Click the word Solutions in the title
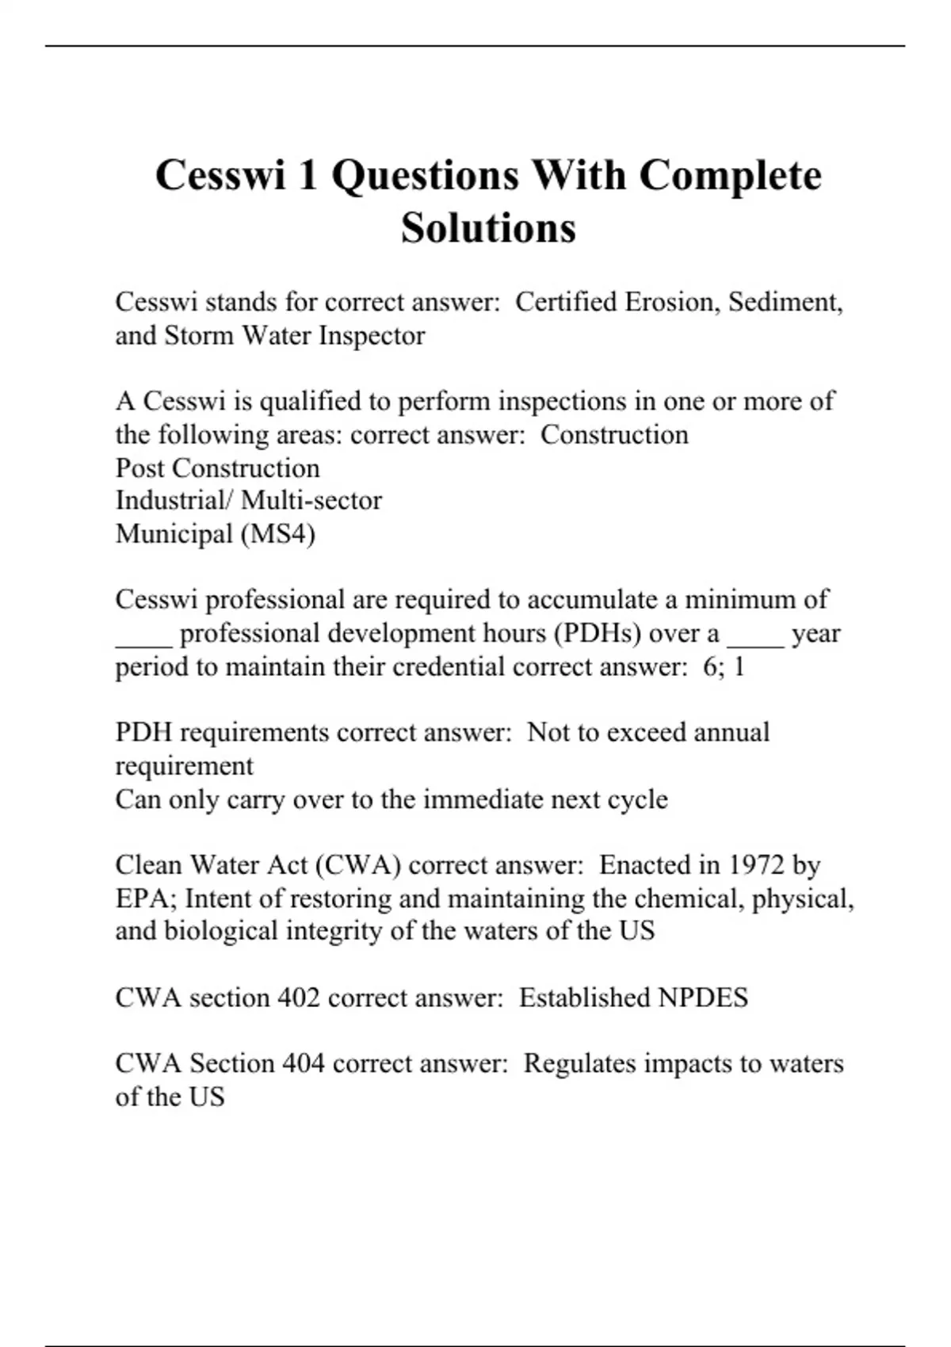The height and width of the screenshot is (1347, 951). click(x=488, y=228)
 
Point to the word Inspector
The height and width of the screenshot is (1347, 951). click(x=372, y=336)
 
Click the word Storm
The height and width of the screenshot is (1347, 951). click(x=200, y=336)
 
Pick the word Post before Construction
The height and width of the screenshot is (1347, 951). click(x=140, y=468)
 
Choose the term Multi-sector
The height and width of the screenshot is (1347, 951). click(x=311, y=501)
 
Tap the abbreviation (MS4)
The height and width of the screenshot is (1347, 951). click(x=277, y=534)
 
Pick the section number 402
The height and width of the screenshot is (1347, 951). click(x=298, y=998)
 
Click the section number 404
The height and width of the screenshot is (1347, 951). click(x=303, y=1063)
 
